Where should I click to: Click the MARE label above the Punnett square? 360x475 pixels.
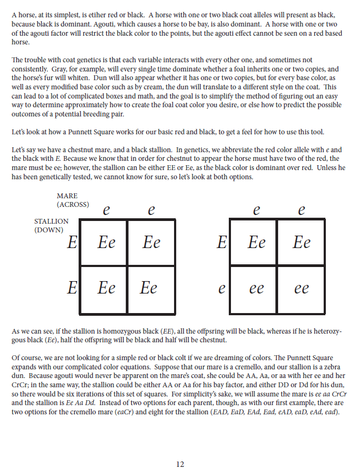67,196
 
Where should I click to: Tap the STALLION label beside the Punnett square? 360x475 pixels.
51,222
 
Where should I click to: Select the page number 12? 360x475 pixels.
180,464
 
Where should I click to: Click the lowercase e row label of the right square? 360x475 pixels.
221,289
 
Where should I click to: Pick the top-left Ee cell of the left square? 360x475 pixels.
106,242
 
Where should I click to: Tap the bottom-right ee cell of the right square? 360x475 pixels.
301,289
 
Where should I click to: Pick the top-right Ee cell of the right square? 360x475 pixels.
301,242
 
